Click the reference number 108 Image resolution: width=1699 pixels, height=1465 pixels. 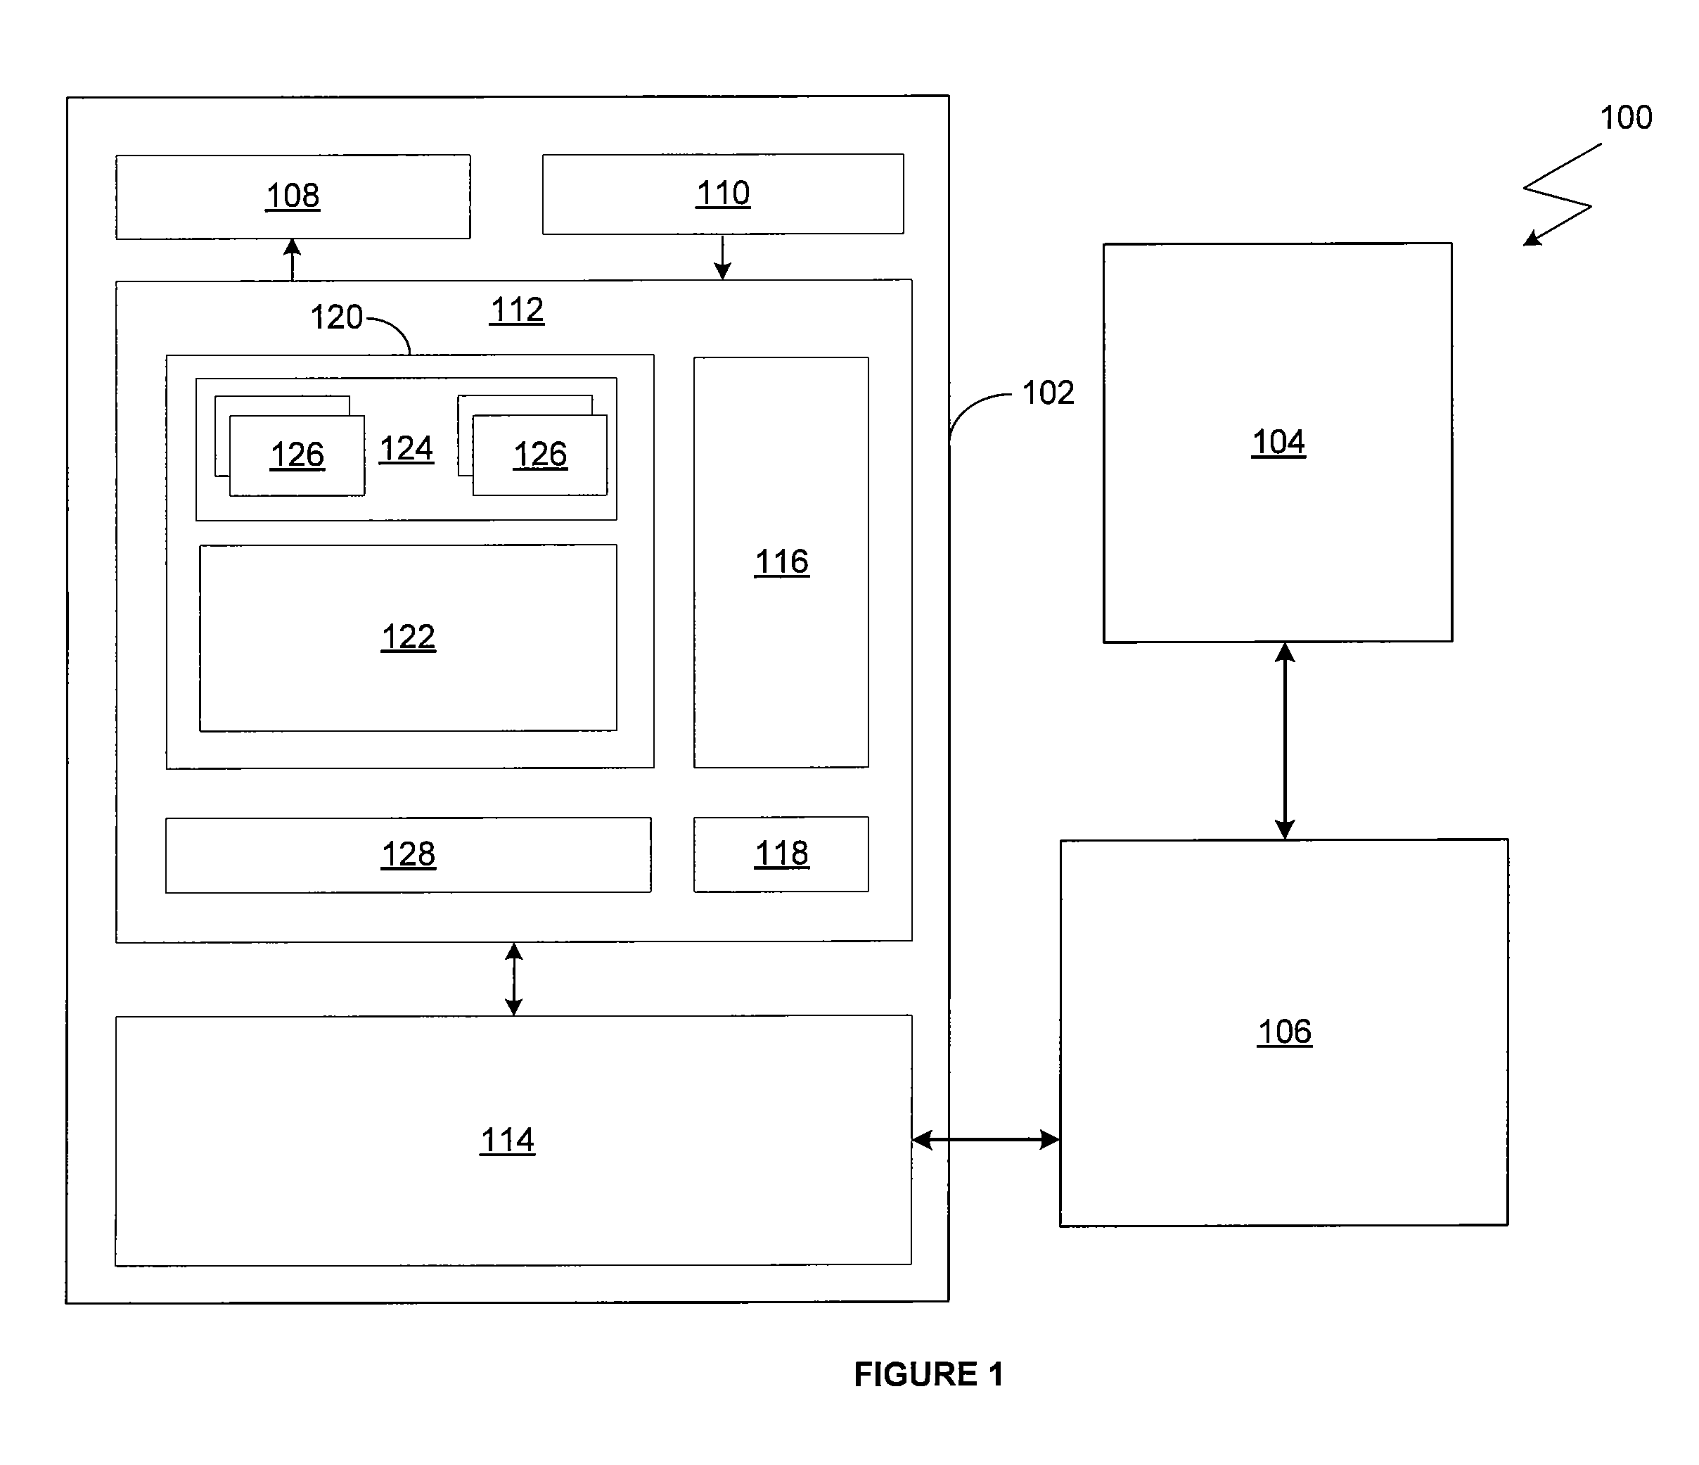coord(293,196)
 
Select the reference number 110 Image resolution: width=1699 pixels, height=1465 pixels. coord(723,194)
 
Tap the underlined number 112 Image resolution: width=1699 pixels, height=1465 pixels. coord(518,310)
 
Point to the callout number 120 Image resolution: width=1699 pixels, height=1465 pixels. coord(336,317)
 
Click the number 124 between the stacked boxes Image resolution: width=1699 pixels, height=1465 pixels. coord(406,449)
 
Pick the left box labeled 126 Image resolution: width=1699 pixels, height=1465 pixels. coord(297,455)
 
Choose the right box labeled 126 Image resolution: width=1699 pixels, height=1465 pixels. coord(540,455)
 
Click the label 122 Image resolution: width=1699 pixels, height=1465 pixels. coord(409,637)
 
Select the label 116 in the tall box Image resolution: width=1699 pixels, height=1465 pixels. coord(781,562)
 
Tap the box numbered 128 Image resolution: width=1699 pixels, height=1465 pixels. coord(409,855)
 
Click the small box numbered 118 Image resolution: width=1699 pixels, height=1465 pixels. coord(781,854)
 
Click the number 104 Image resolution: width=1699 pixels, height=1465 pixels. coord(1278,442)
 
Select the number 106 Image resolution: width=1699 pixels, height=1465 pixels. coord(1285,1031)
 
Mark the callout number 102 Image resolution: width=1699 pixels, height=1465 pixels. coord(1048,393)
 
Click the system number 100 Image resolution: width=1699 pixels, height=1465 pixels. coord(1626,118)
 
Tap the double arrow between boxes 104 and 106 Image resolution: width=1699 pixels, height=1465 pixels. coord(1285,741)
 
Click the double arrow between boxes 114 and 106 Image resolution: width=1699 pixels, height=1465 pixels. coord(986,1139)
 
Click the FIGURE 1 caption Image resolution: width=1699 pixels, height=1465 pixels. coord(929,1374)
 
